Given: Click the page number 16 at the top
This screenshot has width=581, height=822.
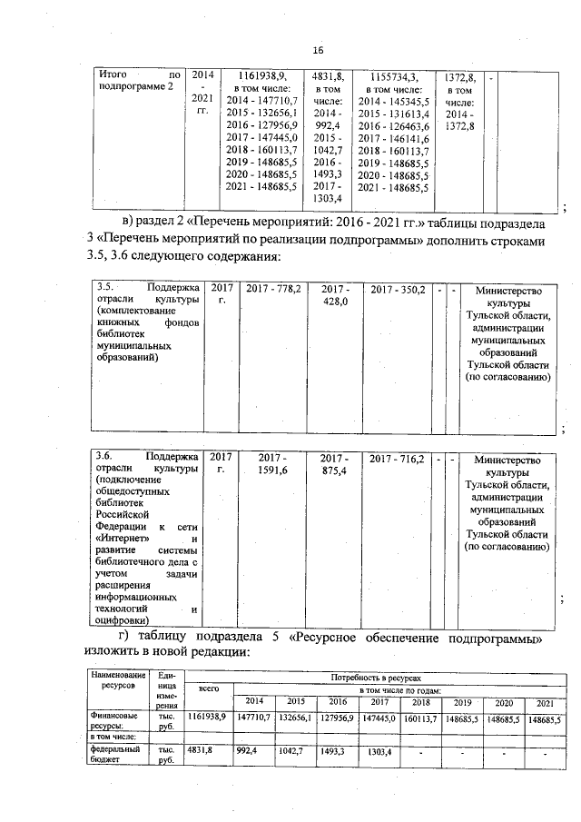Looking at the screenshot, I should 318,50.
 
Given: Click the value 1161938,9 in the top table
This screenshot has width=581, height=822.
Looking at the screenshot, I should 261,74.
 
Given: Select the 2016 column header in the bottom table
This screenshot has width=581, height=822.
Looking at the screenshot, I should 338,702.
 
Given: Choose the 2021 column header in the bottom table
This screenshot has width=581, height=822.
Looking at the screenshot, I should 544,703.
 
